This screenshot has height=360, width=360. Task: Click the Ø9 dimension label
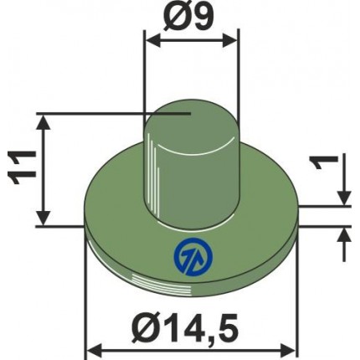pyautogui.click(x=189, y=18)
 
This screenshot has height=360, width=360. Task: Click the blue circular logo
pyautogui.click(x=193, y=257)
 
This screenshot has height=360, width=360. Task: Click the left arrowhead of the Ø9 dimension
pyautogui.click(x=152, y=41)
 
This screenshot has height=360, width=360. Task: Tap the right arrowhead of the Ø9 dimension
pyautogui.click(x=230, y=41)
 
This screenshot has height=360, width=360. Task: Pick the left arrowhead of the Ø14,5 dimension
pyautogui.click(x=95, y=351)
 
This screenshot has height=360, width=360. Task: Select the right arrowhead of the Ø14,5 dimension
pyautogui.click(x=287, y=351)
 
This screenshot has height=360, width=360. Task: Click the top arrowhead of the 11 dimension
pyautogui.click(x=44, y=122)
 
